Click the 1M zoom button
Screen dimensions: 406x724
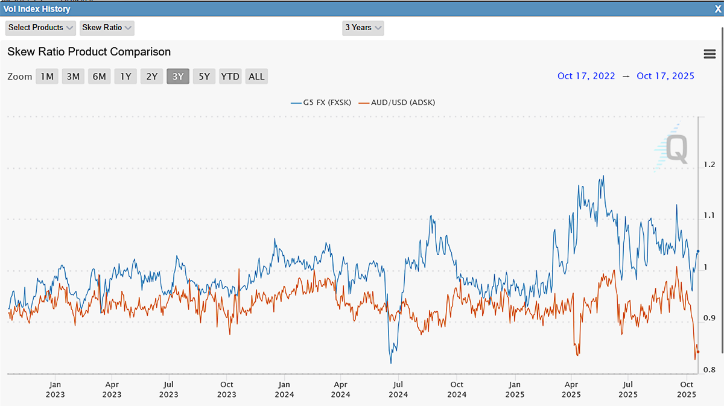point(47,77)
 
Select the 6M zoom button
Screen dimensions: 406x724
point(100,77)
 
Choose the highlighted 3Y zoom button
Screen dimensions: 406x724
point(178,77)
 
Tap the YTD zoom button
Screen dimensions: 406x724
point(230,77)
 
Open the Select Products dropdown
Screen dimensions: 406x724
point(40,28)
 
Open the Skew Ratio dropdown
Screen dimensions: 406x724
point(107,28)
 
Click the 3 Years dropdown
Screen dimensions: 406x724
point(363,28)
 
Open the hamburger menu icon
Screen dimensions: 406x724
point(710,54)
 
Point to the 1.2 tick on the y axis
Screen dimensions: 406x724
point(709,165)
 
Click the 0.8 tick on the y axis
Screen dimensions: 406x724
point(709,370)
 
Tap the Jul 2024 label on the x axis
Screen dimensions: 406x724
point(398,389)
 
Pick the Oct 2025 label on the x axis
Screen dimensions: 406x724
point(687,389)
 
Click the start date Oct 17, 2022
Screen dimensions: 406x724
point(586,76)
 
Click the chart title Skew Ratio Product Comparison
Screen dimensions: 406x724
point(89,52)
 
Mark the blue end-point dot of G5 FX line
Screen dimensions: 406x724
point(698,251)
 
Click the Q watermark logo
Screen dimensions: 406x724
point(673,148)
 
